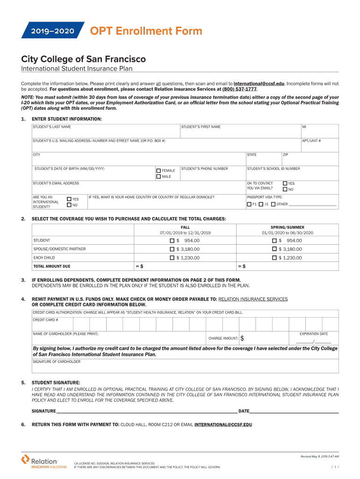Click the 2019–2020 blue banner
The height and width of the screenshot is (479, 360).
[x=52, y=31]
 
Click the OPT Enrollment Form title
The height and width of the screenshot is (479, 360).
[x=146, y=31]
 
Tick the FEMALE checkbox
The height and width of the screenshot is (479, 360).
[x=158, y=171]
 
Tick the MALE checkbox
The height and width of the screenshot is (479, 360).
[x=158, y=177]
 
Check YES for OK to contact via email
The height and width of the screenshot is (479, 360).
[x=285, y=183]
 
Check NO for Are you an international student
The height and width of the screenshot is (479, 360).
[x=69, y=205]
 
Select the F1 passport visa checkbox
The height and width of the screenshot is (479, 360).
[x=249, y=204]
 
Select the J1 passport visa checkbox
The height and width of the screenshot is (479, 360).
[x=261, y=204]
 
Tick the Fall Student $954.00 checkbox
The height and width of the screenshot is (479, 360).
[x=172, y=240]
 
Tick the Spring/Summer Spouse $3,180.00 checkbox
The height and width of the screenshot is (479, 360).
[x=274, y=249]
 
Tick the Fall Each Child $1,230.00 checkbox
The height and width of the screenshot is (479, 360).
[x=172, y=258]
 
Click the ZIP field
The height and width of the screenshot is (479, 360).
[x=309, y=160]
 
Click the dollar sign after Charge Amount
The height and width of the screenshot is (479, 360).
[x=242, y=338]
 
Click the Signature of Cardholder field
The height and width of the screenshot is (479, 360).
[x=185, y=368]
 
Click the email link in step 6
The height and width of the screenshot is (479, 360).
[x=223, y=425]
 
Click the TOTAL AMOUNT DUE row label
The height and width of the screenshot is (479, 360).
[x=52, y=266]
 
